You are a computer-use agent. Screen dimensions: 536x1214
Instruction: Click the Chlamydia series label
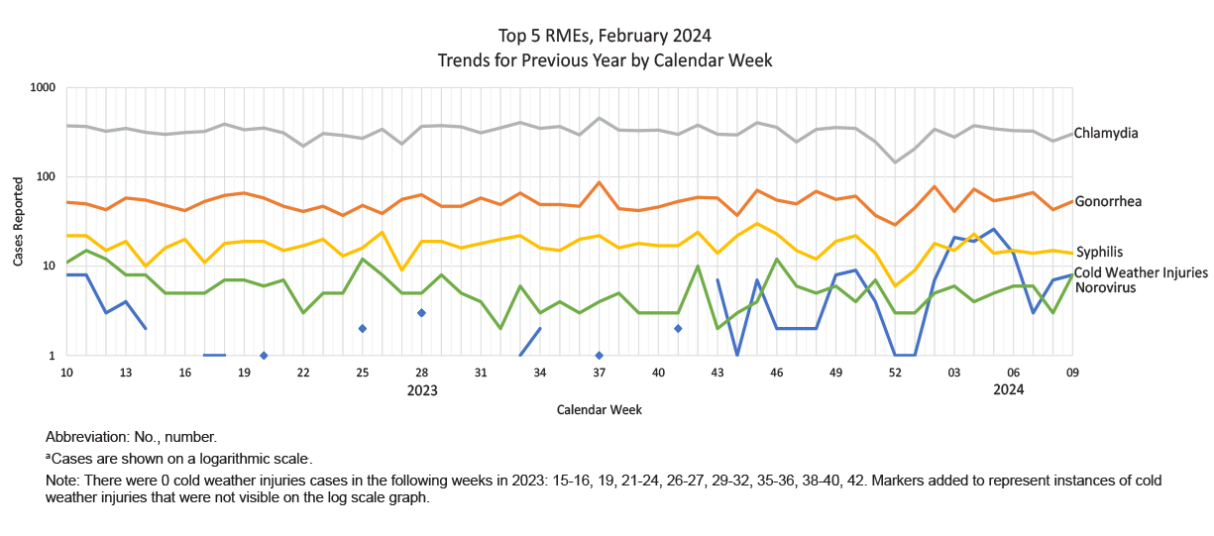pyautogui.click(x=1106, y=133)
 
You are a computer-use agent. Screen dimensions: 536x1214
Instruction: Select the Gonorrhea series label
pyautogui.click(x=1108, y=202)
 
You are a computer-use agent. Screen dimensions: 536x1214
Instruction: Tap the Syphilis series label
pyautogui.click(x=1099, y=253)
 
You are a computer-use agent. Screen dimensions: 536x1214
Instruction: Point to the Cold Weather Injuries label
pyautogui.click(x=1141, y=272)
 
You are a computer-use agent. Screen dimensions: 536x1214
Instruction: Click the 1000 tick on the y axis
pyautogui.click(x=42, y=88)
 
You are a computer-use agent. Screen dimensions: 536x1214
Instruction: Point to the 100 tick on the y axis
pyautogui.click(x=45, y=177)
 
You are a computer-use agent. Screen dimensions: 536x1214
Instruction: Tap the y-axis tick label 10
pyautogui.click(x=48, y=267)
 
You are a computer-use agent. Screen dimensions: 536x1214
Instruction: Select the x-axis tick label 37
pyautogui.click(x=600, y=373)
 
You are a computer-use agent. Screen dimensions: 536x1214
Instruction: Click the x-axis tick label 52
pyautogui.click(x=895, y=373)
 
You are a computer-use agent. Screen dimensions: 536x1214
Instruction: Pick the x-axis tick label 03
pyautogui.click(x=954, y=373)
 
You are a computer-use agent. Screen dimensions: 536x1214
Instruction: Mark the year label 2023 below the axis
pyautogui.click(x=422, y=390)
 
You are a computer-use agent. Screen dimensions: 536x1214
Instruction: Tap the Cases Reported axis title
pyautogui.click(x=19, y=222)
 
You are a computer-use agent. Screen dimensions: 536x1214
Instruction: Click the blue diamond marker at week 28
pyautogui.click(x=421, y=313)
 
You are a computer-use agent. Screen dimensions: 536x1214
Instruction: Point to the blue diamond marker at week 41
pyautogui.click(x=678, y=328)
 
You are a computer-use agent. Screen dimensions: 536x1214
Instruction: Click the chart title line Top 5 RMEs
pyautogui.click(x=605, y=37)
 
